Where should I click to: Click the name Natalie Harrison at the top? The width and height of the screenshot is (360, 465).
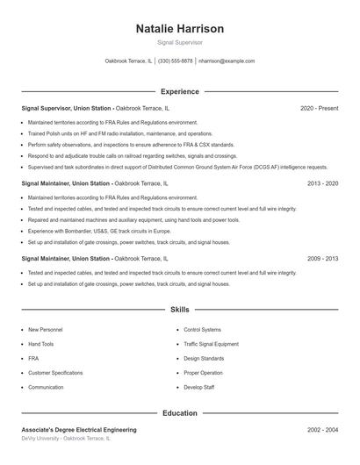point(180,28)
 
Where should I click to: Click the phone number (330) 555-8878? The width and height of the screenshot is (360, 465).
point(176,61)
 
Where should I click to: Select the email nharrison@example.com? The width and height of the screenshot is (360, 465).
point(227,61)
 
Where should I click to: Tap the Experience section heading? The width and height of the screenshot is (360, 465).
point(180,91)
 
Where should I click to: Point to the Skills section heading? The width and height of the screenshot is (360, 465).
point(180,310)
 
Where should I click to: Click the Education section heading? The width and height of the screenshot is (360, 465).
point(180,411)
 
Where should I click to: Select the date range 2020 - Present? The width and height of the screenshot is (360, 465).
point(319,109)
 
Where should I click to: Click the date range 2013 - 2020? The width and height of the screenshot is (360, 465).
point(322,184)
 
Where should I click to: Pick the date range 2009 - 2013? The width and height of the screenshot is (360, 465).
point(322,259)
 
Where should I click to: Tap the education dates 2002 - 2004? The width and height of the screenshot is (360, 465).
point(322,430)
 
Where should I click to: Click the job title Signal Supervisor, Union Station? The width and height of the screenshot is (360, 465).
point(66,109)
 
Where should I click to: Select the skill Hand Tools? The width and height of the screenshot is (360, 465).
point(41,344)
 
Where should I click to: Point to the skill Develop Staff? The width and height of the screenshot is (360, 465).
point(198,387)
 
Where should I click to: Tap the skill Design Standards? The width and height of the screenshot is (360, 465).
point(204,358)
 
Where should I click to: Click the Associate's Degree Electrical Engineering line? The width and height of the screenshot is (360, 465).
point(79,430)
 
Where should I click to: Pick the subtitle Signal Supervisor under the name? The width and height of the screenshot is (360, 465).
point(180,42)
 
